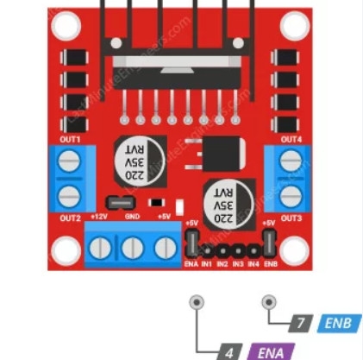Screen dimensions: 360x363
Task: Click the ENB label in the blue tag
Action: [x=340, y=325]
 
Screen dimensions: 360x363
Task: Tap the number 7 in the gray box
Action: [x=300, y=325]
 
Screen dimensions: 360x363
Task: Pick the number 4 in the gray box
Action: [x=229, y=352]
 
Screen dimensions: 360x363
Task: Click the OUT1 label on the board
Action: [x=70, y=139]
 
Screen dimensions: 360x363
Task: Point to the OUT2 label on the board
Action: [x=70, y=218]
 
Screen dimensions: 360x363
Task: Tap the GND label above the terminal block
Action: [x=132, y=217]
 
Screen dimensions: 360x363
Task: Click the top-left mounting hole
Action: [x=64, y=27]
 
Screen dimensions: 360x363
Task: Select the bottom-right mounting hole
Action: [x=296, y=250]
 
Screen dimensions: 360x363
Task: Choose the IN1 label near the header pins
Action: [x=207, y=262]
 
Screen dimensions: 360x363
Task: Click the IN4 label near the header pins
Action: [x=253, y=262]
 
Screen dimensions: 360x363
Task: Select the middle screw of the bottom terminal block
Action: [x=132, y=249]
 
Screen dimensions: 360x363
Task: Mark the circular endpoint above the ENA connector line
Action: [x=199, y=302]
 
